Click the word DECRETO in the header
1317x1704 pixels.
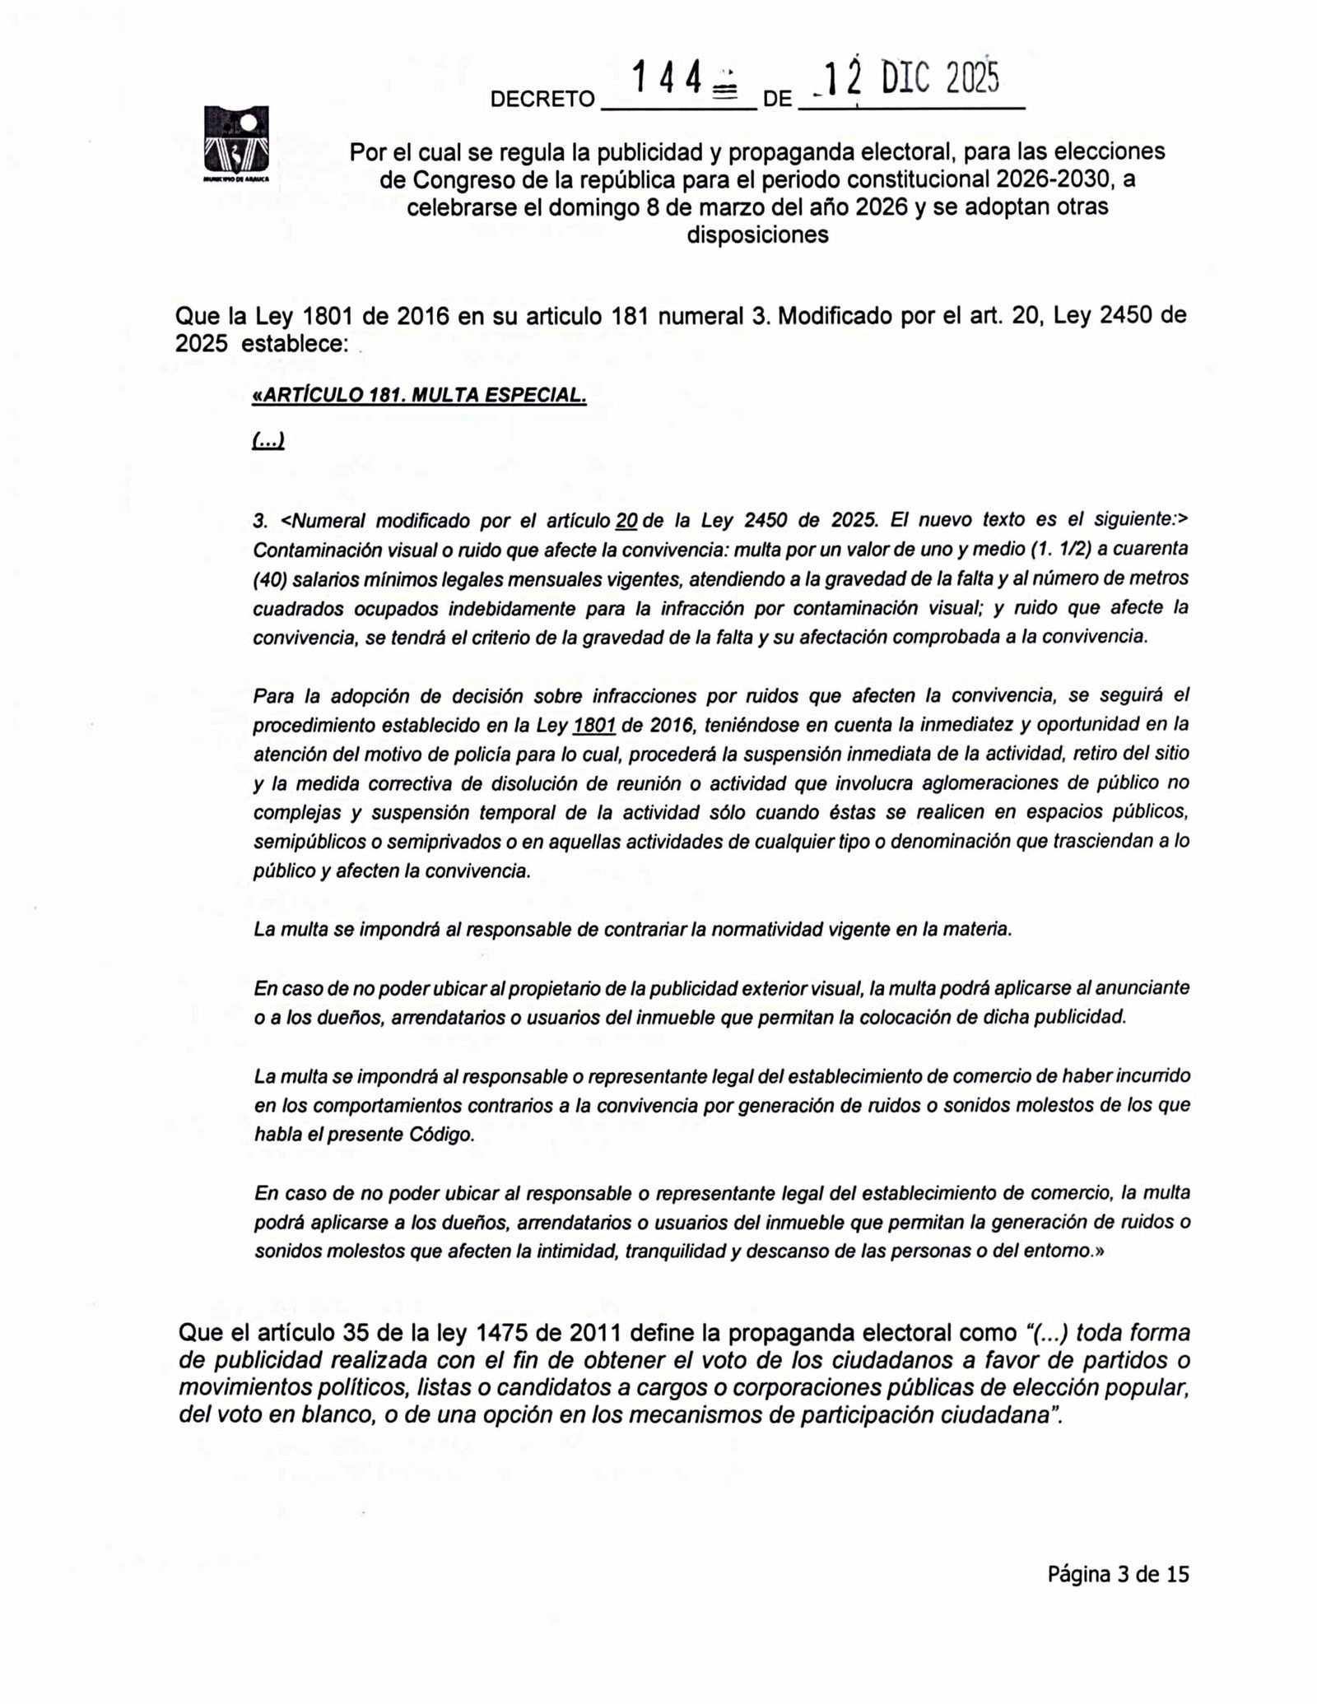pos(542,100)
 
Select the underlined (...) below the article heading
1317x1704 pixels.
pos(268,442)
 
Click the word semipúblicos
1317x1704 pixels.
pos(301,842)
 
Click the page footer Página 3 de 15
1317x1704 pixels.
pos(1118,1574)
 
